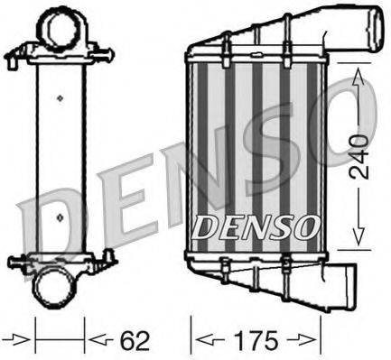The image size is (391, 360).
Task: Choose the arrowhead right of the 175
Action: (312, 342)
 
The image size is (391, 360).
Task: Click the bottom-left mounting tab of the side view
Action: (20, 264)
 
